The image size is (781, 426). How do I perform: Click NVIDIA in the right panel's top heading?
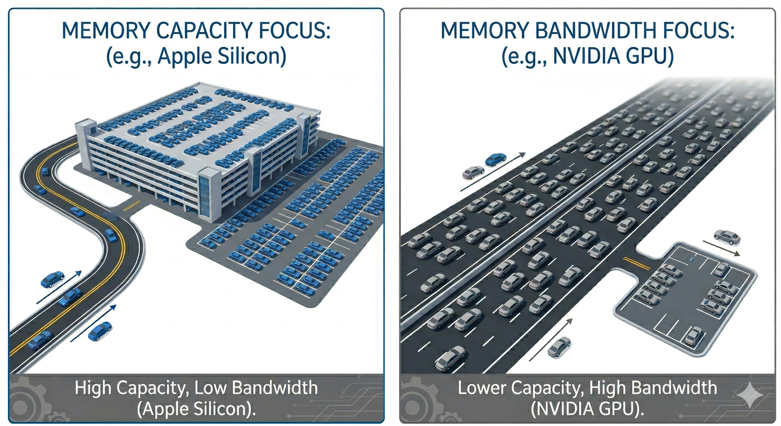pos(583,56)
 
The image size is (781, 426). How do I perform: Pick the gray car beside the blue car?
pos(473,172)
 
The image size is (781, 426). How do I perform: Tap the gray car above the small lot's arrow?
pos(727,237)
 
